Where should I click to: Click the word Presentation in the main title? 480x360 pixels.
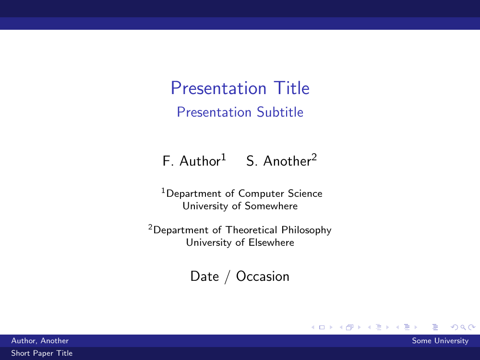(x=218, y=88)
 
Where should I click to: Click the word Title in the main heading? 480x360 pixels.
(x=291, y=88)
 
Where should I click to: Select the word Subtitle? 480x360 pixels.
(x=280, y=112)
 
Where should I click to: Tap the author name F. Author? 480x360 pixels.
(x=192, y=161)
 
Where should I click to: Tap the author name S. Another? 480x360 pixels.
(x=278, y=161)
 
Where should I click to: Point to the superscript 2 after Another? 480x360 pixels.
(x=314, y=157)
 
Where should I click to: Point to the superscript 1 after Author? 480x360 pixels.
(x=224, y=157)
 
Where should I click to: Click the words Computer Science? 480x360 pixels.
(x=280, y=193)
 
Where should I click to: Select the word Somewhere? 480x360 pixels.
(x=271, y=206)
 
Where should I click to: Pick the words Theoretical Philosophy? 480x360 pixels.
(x=278, y=230)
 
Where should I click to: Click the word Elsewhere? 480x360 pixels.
(x=271, y=242)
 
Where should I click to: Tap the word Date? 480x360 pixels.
(x=204, y=276)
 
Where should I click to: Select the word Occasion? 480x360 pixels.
(x=263, y=276)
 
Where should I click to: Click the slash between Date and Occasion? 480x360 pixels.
(x=227, y=277)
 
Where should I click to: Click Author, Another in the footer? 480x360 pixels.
(x=40, y=341)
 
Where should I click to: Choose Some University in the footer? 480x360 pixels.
(x=440, y=341)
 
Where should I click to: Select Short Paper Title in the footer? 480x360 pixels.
(x=42, y=353)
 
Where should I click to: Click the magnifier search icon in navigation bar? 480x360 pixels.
(x=463, y=327)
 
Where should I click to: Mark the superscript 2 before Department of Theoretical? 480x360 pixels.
(x=150, y=227)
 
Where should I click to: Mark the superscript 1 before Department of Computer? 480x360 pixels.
(x=163, y=191)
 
